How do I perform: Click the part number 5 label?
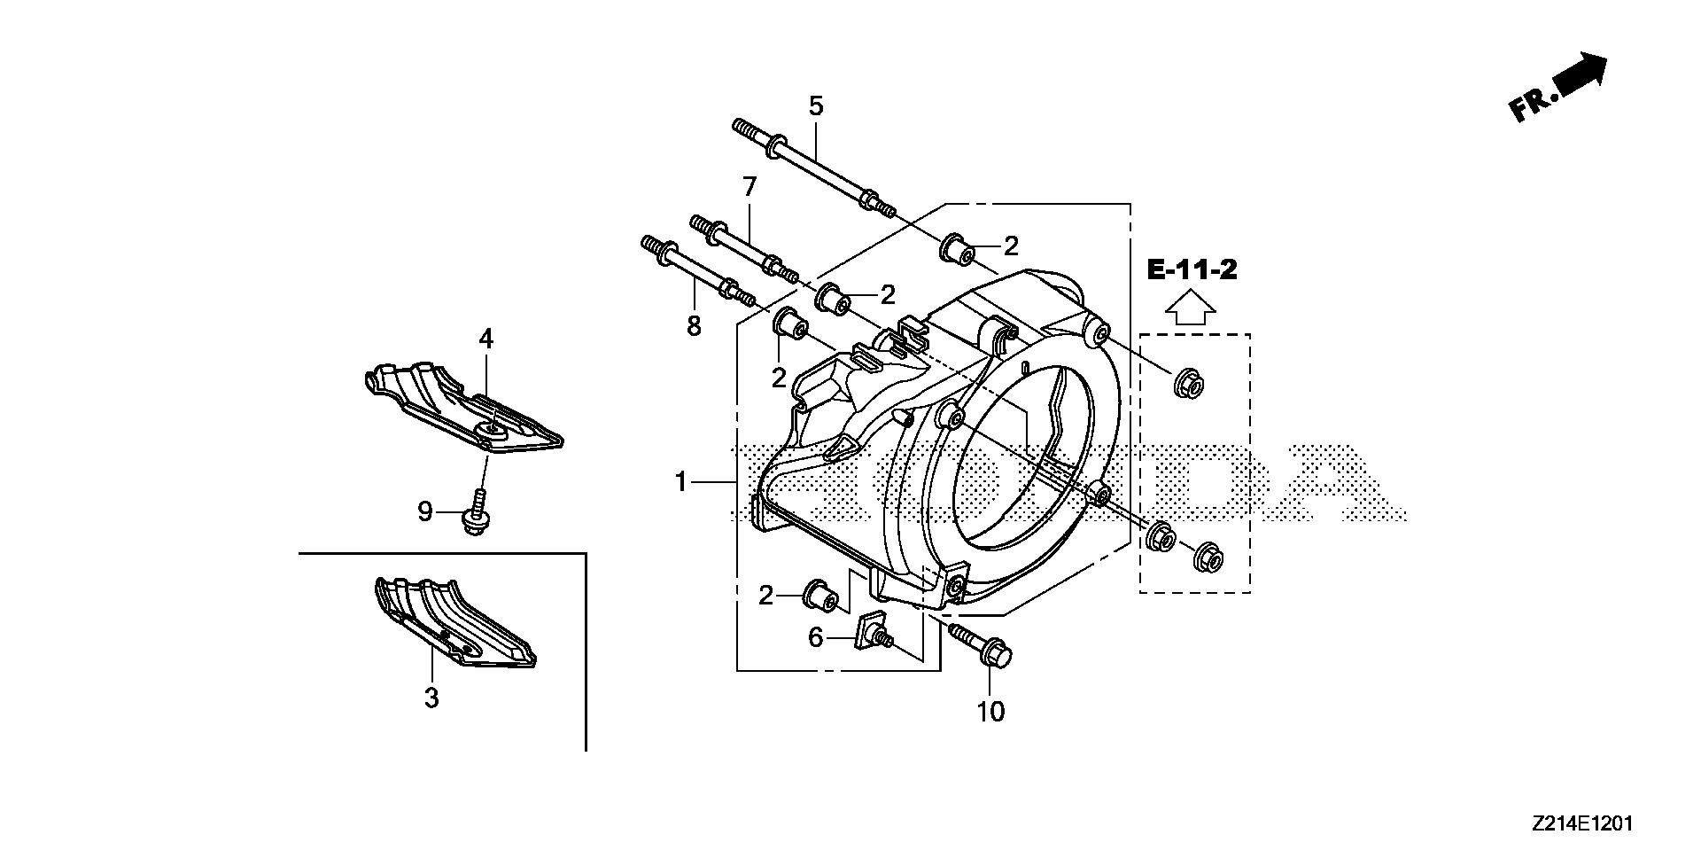click(815, 106)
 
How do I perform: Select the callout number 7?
click(750, 187)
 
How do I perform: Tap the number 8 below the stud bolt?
click(694, 326)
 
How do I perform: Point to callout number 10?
click(991, 711)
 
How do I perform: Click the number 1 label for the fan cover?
click(680, 482)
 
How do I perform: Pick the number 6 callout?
click(815, 636)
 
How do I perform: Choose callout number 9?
click(425, 511)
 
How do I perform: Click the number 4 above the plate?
click(486, 339)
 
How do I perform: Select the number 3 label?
click(431, 698)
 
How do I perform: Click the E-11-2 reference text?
click(1192, 269)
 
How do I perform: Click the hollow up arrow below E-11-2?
click(1190, 309)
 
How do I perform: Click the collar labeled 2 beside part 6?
click(819, 596)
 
